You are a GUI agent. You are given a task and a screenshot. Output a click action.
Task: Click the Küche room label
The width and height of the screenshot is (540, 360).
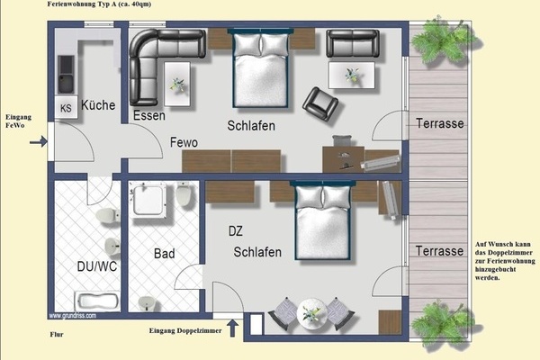point(98,106)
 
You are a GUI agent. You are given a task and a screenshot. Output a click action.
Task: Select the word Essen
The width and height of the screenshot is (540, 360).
point(148,116)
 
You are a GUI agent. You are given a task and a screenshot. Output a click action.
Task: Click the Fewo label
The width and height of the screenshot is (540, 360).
point(184,142)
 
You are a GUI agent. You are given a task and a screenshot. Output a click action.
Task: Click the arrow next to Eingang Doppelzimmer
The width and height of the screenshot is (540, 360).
point(235,328)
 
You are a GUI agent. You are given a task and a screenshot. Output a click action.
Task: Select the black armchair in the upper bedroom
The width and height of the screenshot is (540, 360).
point(319,103)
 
